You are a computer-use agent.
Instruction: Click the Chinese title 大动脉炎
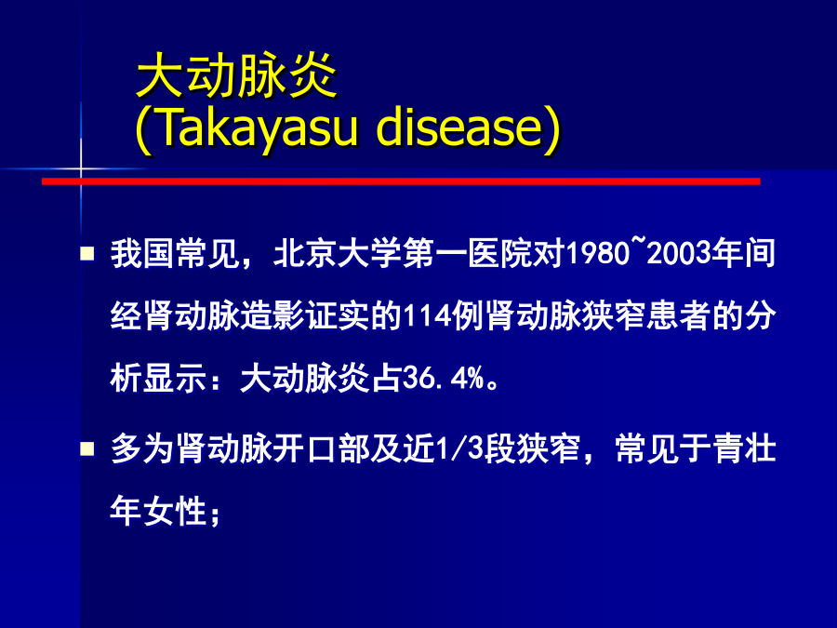coord(236,76)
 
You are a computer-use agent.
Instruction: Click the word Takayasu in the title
coord(258,128)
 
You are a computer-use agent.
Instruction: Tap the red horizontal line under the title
coord(401,181)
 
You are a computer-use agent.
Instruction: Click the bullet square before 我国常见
coord(87,253)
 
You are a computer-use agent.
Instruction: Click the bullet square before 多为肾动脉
coord(87,448)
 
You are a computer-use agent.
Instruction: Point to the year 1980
coord(598,254)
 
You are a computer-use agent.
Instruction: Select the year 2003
coord(679,254)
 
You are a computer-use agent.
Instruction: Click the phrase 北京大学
coord(338,254)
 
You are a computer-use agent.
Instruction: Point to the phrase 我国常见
coord(175,254)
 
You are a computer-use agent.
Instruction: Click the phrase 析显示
coord(158,379)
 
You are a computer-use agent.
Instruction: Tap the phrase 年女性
coord(158,511)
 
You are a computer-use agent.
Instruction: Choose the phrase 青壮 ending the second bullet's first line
coord(745,448)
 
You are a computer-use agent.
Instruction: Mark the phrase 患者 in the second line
coord(679,316)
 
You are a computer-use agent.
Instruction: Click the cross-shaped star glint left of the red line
coord(81,169)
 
